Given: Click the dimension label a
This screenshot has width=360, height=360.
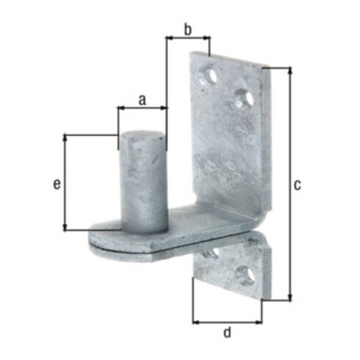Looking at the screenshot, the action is (x=142, y=100).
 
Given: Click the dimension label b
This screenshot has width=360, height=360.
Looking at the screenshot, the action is (x=187, y=30).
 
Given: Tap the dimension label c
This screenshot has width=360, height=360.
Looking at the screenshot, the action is (x=297, y=185).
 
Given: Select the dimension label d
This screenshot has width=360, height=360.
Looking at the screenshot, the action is (x=227, y=332).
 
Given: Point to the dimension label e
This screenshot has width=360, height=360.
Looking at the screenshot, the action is (x=57, y=184).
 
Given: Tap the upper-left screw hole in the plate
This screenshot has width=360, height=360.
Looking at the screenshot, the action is (x=209, y=76).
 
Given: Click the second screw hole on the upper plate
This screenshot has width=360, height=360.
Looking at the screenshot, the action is (x=245, y=98).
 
